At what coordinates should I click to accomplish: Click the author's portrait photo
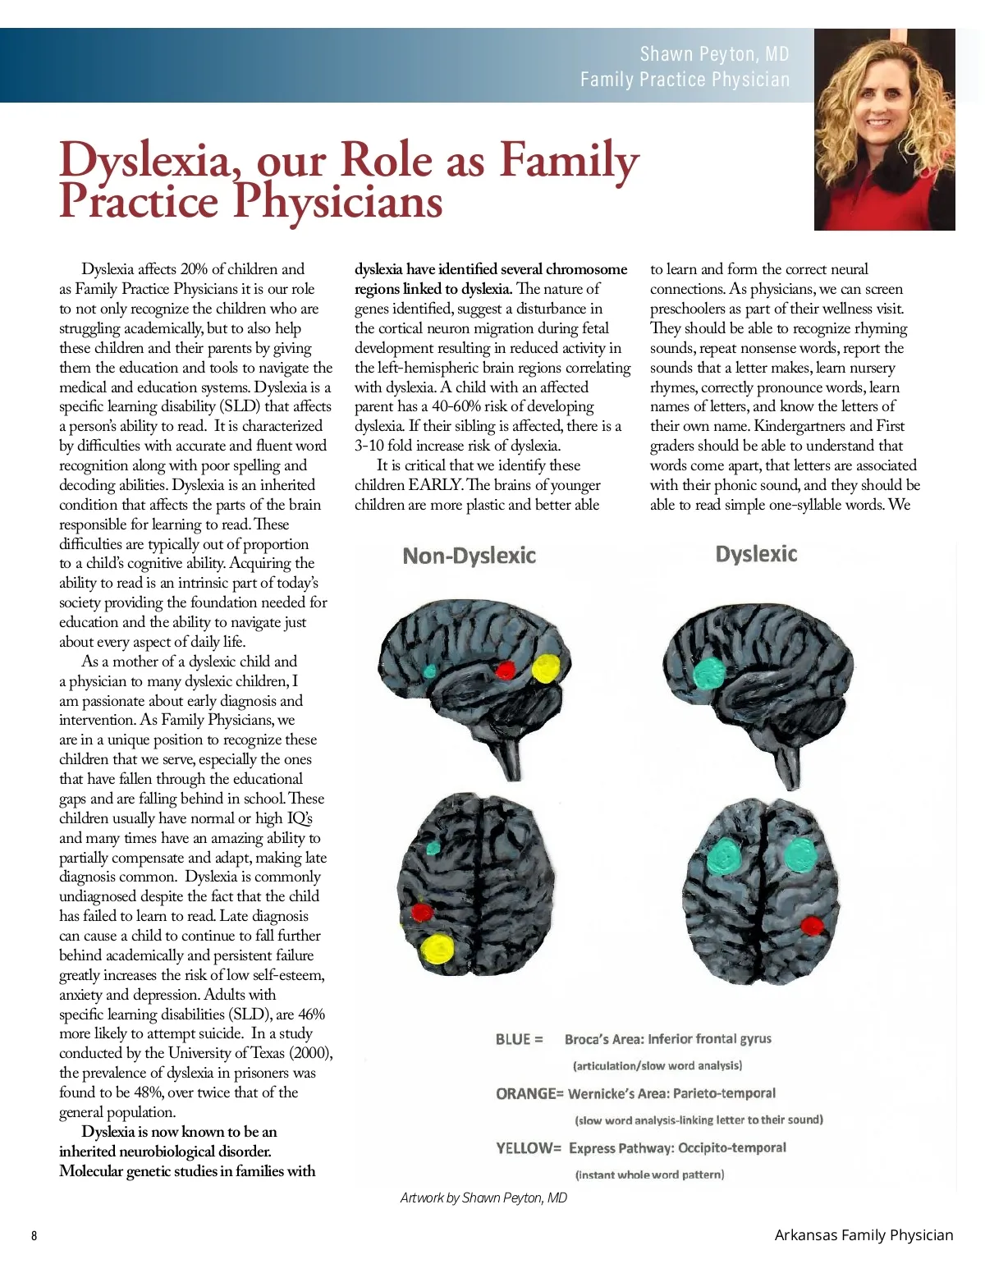pos(884,130)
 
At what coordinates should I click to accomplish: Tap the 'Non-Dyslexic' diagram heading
pos(469,556)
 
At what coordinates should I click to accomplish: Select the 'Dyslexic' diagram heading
pos(756,554)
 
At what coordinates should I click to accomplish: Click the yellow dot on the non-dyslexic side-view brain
pos(545,668)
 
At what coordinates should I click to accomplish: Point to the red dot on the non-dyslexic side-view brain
pos(506,670)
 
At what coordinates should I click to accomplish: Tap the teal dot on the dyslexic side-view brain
pos(707,672)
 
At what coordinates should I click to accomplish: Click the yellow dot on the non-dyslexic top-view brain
pos(437,949)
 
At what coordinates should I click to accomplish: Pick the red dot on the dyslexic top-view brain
pos(811,926)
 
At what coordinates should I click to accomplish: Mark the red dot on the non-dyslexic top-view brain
pos(422,912)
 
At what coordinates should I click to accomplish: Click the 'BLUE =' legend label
pos(519,1039)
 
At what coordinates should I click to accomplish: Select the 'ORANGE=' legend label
pos(529,1093)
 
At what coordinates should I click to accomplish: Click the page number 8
pos(34,1236)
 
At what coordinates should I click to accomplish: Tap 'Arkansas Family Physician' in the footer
pos(864,1234)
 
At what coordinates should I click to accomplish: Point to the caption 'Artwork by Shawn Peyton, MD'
pos(483,1198)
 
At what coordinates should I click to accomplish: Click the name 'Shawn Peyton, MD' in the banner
pos(714,54)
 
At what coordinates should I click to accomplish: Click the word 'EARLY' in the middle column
pos(434,485)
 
